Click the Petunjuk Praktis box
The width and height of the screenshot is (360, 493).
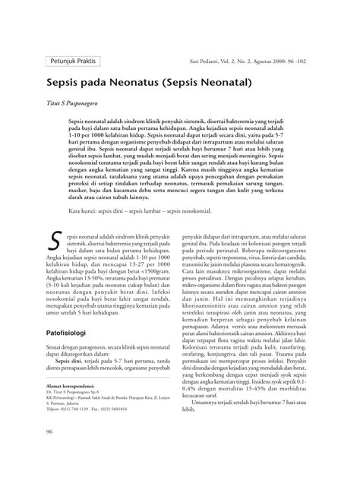(73, 58)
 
